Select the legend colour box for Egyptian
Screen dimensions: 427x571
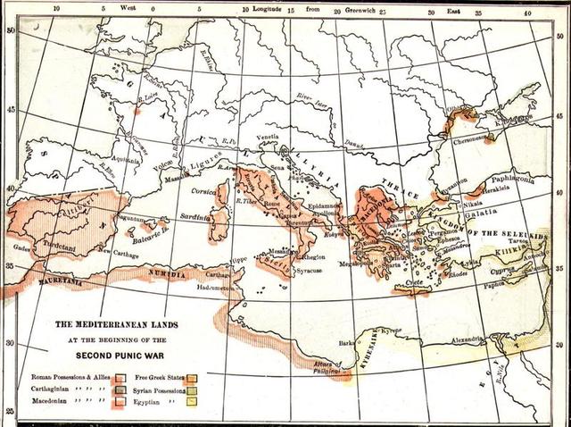[191, 403]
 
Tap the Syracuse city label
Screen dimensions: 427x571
[319, 269]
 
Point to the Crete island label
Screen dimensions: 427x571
[411, 283]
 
